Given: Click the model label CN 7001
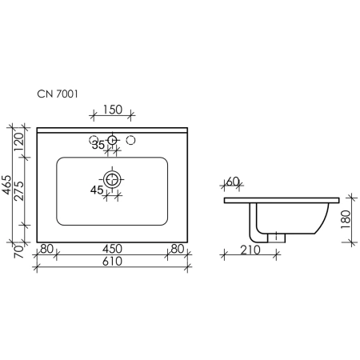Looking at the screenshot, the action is [58, 94].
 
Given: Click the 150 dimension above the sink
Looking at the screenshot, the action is [113, 110].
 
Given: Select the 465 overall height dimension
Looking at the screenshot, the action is [6, 185].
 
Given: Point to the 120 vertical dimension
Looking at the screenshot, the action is [19, 142].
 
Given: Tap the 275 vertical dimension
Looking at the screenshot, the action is [19, 191].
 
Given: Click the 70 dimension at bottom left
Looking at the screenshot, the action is [19, 252].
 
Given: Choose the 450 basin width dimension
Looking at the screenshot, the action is [112, 249].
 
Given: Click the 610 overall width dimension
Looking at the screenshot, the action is [112, 262].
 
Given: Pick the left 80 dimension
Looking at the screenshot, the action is [46, 249].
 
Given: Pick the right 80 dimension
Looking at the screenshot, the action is [178, 249].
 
